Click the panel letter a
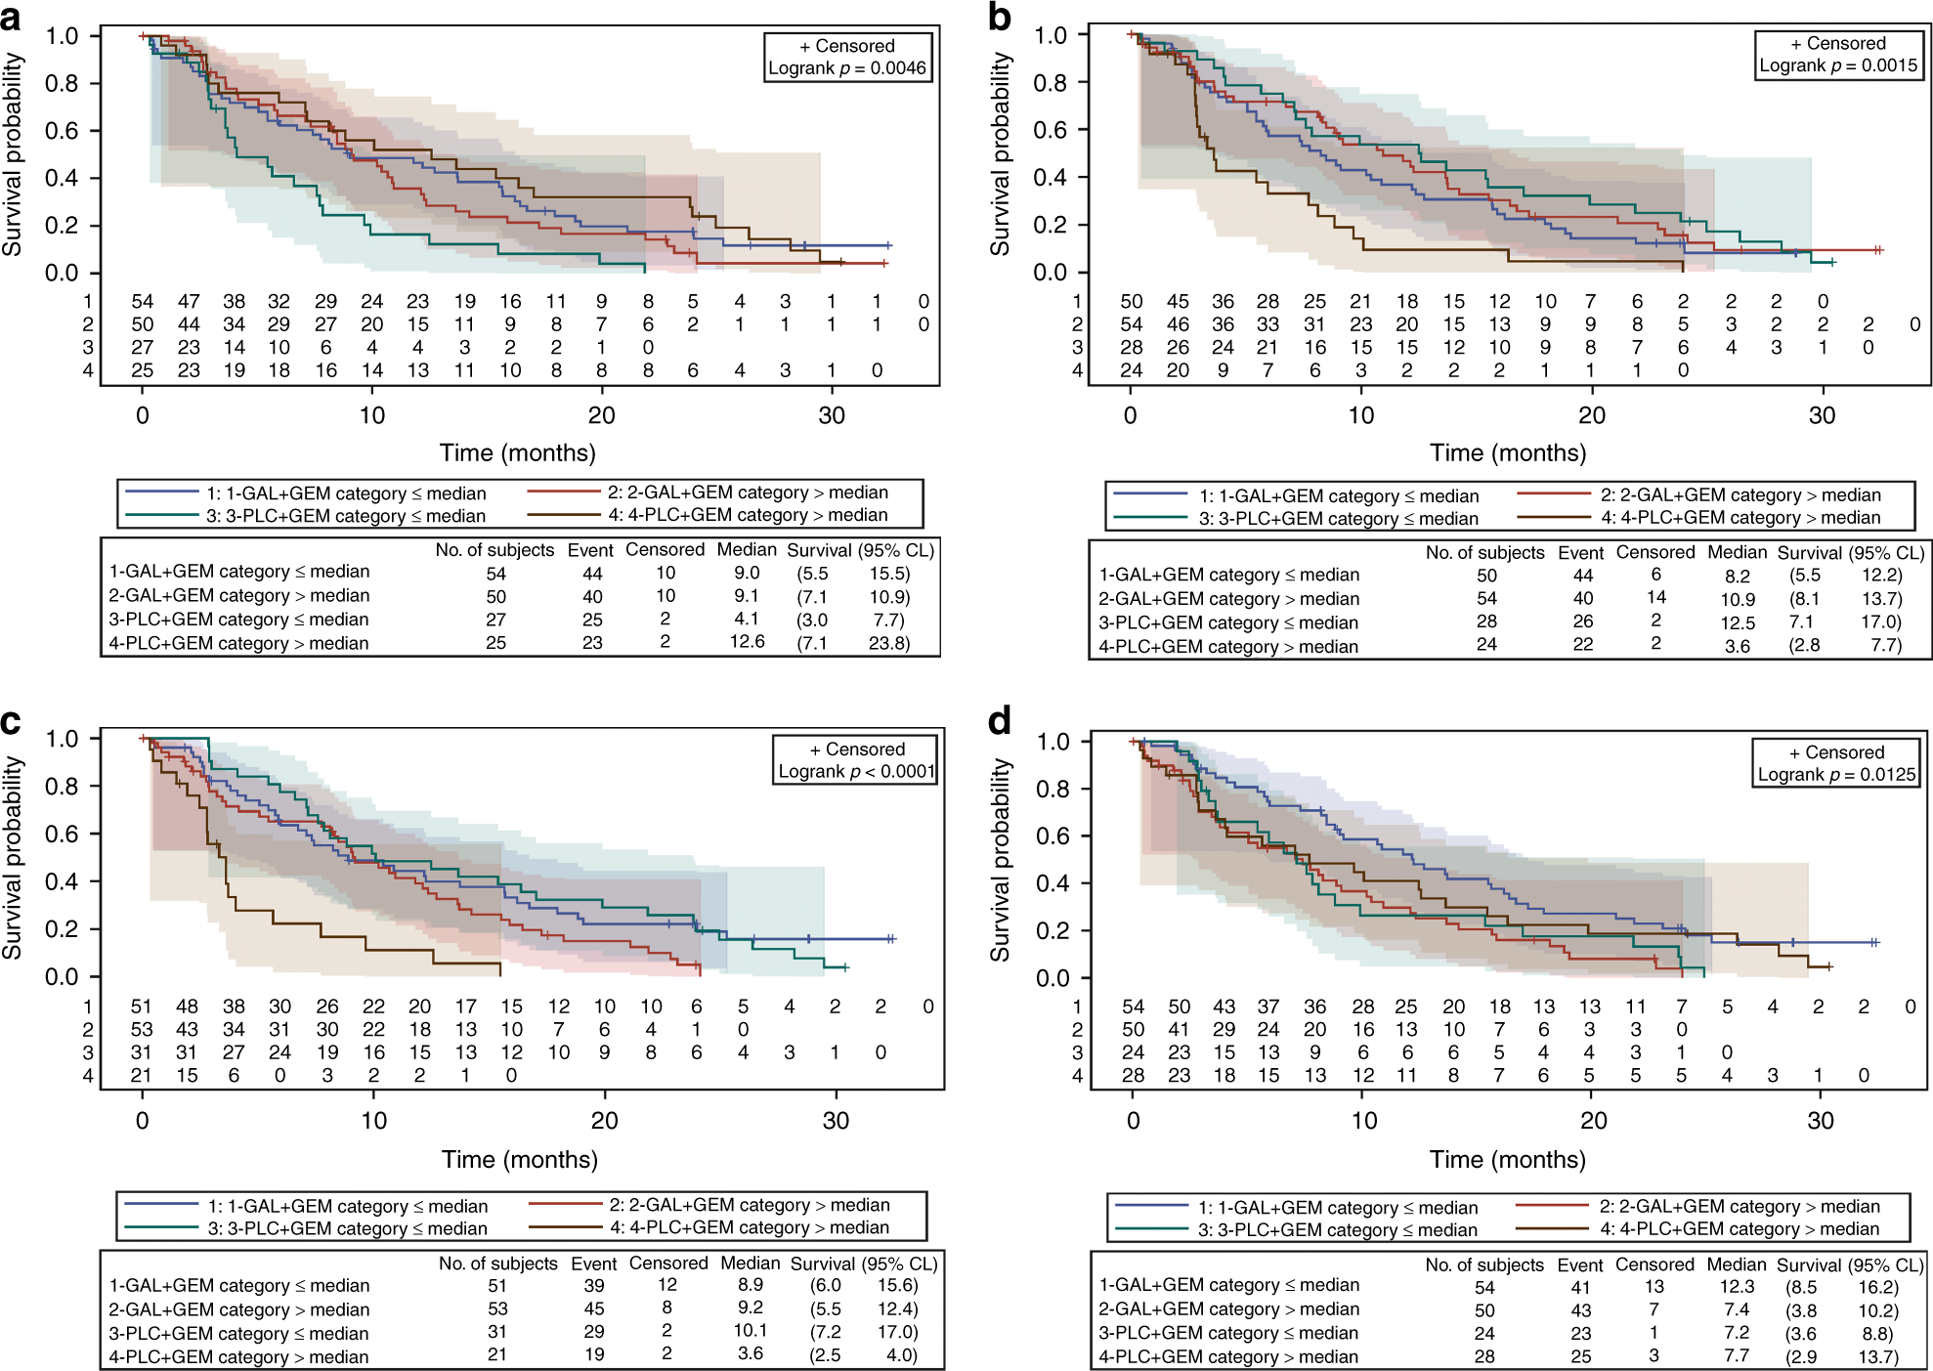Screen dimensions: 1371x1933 12,18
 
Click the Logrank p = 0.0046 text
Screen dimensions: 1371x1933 847,68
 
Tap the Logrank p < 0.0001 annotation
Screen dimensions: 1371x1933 856,772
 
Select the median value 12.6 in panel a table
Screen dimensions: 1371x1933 747,642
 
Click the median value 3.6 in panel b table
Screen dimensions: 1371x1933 1737,646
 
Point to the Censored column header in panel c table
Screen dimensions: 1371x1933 667,1264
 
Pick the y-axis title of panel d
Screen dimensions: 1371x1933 1000,860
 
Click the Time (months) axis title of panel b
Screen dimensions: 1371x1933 1507,452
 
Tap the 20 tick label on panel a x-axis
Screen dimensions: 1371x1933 601,415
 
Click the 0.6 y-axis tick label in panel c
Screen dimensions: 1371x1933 62,834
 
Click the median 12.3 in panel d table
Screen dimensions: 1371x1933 1737,1287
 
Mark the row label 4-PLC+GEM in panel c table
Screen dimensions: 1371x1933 238,1357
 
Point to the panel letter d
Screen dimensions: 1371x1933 1000,721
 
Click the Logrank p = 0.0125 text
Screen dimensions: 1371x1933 1836,775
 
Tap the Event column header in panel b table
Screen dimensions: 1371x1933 1580,553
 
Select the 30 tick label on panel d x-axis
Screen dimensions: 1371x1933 1820,1121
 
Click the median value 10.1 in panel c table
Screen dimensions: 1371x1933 751,1331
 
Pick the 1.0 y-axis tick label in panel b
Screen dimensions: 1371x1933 1050,35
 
